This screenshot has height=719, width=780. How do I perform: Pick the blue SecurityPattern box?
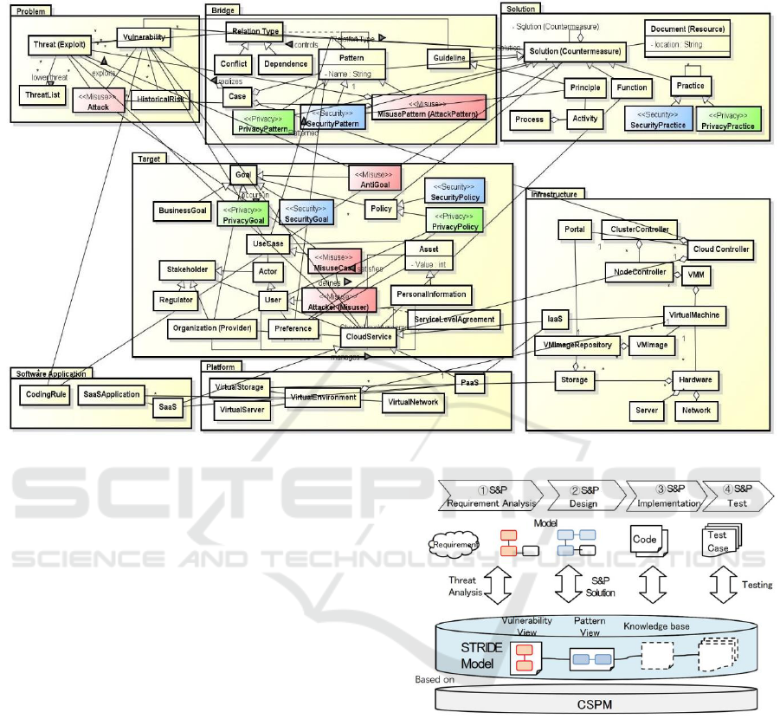(x=332, y=120)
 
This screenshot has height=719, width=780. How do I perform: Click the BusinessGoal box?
(x=180, y=210)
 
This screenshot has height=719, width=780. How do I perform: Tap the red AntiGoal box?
(x=372, y=178)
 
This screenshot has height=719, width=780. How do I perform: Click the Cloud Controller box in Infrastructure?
(x=718, y=249)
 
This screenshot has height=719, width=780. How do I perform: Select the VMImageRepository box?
(x=577, y=344)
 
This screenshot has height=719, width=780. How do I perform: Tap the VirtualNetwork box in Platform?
(x=413, y=402)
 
